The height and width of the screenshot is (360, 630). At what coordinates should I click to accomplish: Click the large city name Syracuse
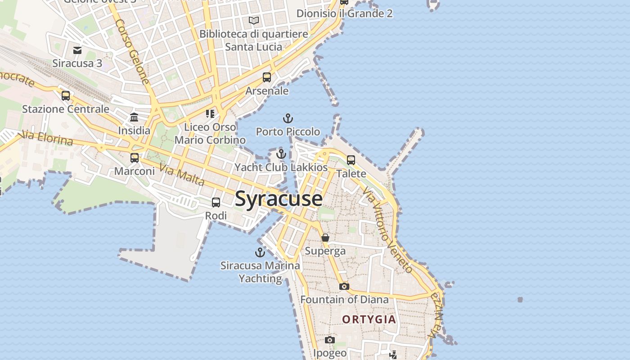point(279,198)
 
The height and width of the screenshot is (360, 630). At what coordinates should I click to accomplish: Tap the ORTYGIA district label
point(369,319)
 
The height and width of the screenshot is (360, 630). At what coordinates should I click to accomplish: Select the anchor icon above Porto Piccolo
point(288,119)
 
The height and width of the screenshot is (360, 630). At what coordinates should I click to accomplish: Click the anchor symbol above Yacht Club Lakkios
point(281,154)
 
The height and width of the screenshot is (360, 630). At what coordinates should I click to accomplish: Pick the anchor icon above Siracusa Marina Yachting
point(260,252)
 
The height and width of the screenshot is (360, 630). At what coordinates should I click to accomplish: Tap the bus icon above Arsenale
point(267,77)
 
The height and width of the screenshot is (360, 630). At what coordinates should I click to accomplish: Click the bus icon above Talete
point(351,160)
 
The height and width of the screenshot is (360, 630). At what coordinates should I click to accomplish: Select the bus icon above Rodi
point(216,202)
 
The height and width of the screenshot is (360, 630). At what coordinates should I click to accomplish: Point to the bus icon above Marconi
point(135,158)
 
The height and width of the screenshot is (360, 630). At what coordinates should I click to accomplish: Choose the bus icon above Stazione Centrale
point(66,96)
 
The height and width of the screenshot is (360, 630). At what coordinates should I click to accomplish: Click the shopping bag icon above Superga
point(325,238)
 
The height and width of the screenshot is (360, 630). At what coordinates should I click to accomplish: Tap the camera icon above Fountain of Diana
point(344,286)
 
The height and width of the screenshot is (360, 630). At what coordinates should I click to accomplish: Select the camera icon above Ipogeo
point(330,340)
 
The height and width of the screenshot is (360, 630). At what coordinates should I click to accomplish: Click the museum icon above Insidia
point(134,117)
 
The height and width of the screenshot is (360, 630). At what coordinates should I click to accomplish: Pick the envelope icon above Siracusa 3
point(77,50)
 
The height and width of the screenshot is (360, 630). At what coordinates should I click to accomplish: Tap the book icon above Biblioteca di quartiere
point(254,20)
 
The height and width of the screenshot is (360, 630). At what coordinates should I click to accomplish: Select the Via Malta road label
point(182,175)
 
